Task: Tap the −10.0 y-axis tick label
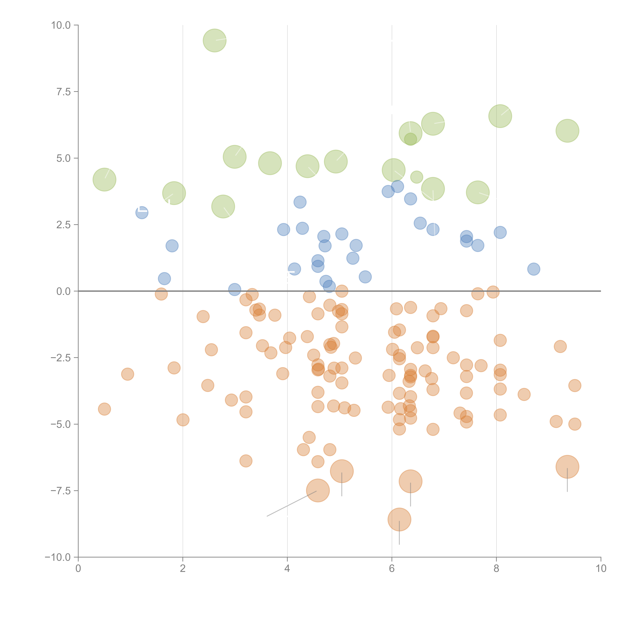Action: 58,557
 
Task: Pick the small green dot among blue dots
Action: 417,177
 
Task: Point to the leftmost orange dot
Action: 104,409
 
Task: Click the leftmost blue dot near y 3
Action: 142,213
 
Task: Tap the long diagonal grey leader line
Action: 291,504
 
